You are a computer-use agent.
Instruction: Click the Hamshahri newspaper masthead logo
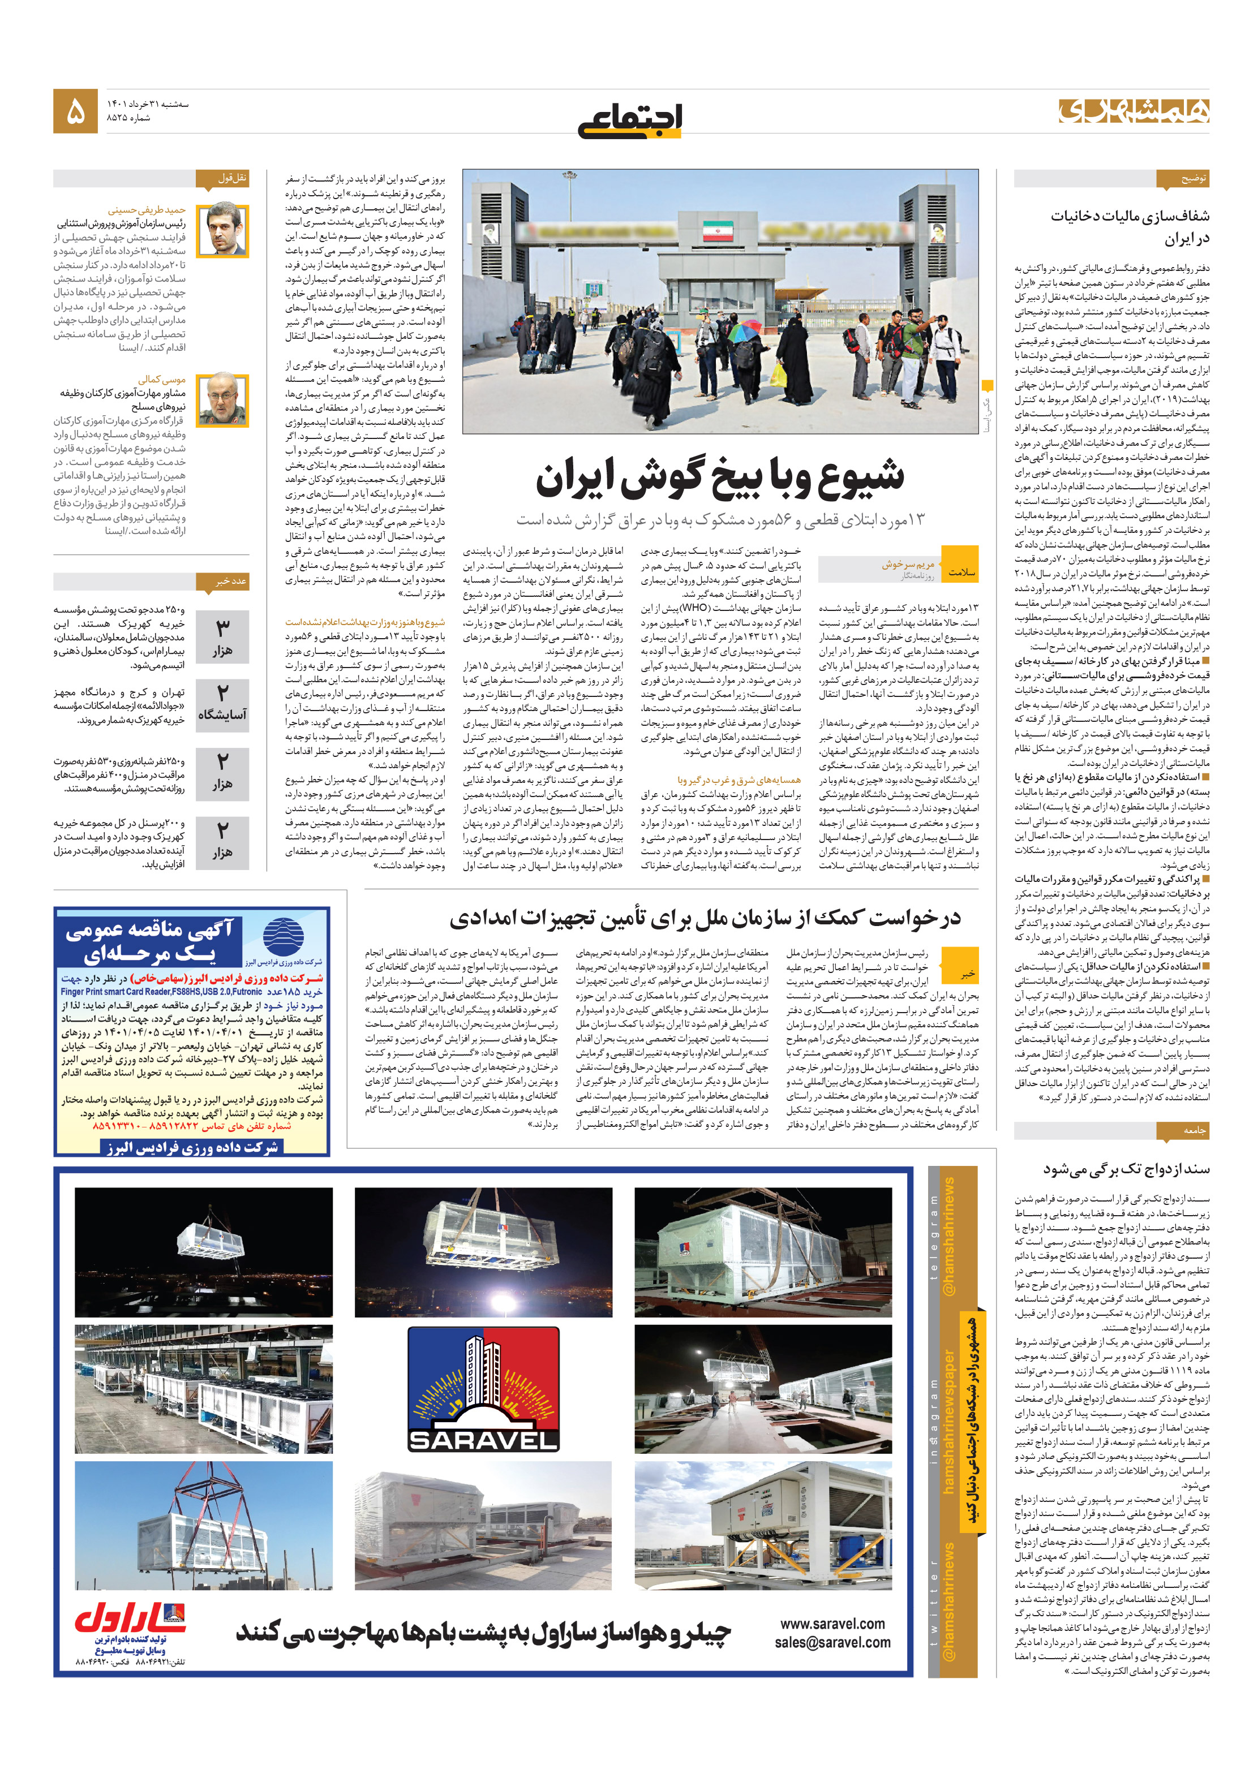pyautogui.click(x=1134, y=111)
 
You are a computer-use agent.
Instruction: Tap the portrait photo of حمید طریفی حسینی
pyautogui.click(x=222, y=230)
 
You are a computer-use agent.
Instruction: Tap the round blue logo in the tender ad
pyautogui.click(x=283, y=936)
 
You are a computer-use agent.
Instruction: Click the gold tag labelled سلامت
pyautogui.click(x=961, y=572)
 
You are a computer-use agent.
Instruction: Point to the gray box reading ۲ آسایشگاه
pyautogui.click(x=222, y=701)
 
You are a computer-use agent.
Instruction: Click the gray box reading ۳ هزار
pyautogui.click(x=222, y=636)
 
